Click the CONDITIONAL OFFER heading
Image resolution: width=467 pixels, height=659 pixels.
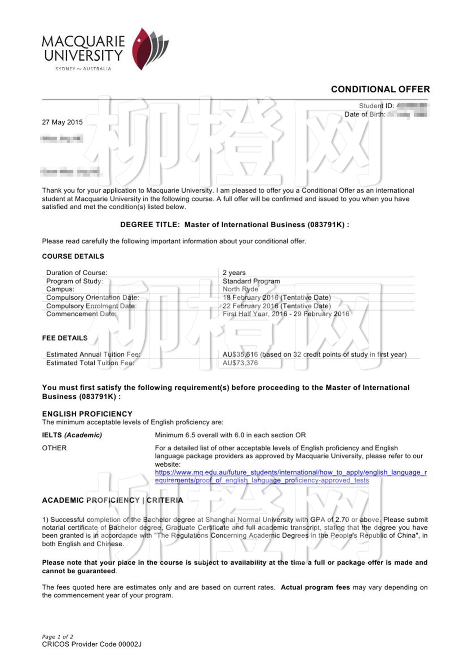380,89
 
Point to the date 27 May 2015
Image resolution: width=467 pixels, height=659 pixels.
62,122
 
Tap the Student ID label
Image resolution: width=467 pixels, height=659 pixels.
376,106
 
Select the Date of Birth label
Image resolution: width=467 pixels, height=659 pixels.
365,114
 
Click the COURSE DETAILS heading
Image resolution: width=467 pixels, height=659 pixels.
73,256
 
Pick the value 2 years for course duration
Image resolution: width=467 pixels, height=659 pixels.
234,273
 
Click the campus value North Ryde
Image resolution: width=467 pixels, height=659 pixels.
240,289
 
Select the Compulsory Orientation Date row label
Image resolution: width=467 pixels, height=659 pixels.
93,298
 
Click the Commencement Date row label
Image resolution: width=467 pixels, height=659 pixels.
81,314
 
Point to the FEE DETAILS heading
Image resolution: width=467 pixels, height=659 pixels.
65,338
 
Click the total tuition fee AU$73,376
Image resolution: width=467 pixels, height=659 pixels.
240,363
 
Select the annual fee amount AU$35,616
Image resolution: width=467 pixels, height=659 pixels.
240,354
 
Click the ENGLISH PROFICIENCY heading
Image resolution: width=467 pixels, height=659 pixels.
87,414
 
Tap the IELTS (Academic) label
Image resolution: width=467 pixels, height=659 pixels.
72,435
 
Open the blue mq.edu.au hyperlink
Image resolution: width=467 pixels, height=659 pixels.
291,472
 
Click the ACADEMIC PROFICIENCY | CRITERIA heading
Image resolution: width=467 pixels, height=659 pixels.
112,500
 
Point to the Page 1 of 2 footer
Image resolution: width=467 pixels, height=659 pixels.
57,636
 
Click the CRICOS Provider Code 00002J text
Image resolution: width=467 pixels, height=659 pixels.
92,644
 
